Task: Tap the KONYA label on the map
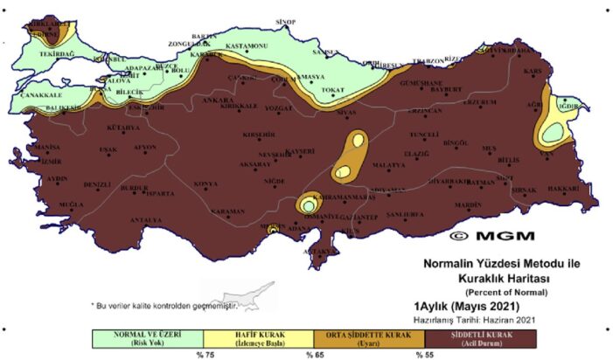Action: (205, 184)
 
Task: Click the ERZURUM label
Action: (479, 102)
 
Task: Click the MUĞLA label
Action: (72, 204)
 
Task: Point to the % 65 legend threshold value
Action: (313, 355)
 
